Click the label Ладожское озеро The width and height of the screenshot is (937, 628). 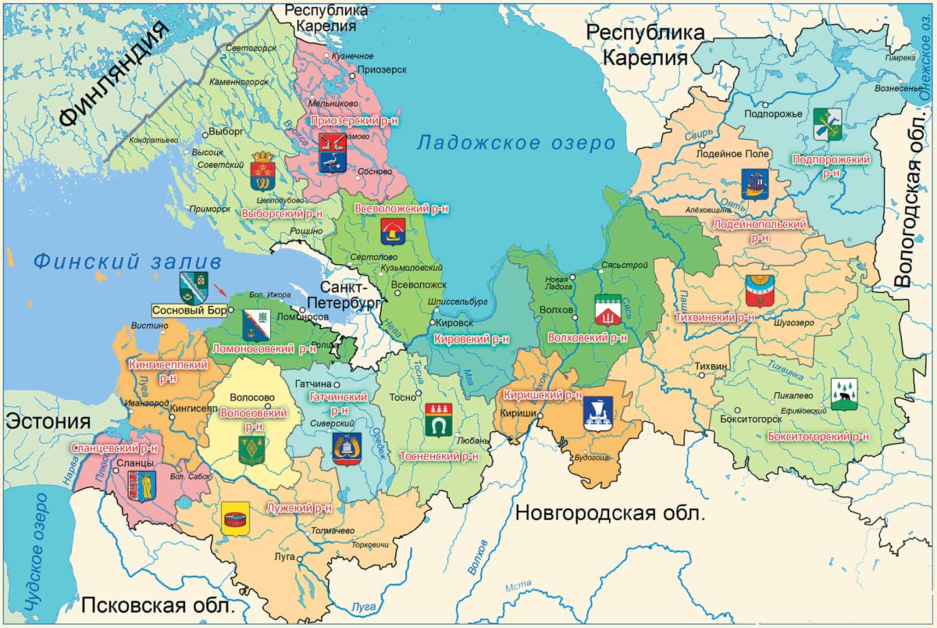pos(515,143)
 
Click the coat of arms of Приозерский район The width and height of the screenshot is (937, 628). pos(332,152)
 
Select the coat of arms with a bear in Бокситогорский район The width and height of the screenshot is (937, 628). pos(843,394)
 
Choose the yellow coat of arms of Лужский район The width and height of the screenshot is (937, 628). pos(235,518)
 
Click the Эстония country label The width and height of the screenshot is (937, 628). pos(46,422)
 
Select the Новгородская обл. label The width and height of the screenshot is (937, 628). pos(609,513)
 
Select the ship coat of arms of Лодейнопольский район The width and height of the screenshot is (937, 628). pos(754,184)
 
